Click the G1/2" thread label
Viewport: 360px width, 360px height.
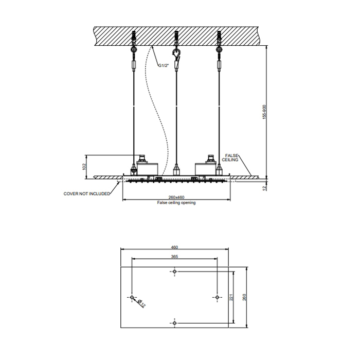(164, 66)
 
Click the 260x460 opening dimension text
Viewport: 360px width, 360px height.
(176, 198)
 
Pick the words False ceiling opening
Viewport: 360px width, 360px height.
(176, 203)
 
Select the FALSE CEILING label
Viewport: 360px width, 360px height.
(235, 157)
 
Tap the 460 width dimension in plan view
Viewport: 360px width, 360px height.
(175, 248)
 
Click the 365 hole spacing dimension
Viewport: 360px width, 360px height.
(175, 256)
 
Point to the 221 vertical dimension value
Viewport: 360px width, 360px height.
(231, 297)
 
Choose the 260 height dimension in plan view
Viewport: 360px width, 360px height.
(245, 297)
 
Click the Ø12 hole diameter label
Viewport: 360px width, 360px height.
(141, 304)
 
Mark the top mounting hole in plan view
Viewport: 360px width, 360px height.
(175, 272)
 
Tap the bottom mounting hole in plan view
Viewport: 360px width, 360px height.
(175, 322)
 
